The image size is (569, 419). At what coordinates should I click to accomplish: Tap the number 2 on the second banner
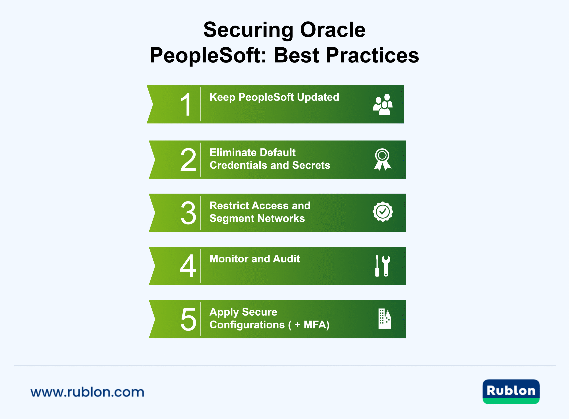188,160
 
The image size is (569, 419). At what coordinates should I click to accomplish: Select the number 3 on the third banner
188,213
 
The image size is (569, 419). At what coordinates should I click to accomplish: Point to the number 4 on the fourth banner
188,266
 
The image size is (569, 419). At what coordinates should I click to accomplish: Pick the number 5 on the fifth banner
188,319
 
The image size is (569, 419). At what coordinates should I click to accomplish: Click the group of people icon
383,104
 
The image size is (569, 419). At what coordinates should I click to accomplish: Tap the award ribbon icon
383,159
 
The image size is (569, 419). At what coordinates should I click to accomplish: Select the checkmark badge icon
383,212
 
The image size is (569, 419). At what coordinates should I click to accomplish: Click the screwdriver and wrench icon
383,266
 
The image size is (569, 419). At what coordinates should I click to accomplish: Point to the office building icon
385,318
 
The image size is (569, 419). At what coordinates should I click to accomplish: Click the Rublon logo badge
511,392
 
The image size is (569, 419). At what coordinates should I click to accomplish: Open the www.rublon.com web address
87,392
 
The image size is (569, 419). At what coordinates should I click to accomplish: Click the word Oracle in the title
333,30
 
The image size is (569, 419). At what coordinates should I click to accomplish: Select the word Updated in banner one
318,97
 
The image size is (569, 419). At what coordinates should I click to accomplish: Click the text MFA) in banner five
317,325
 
